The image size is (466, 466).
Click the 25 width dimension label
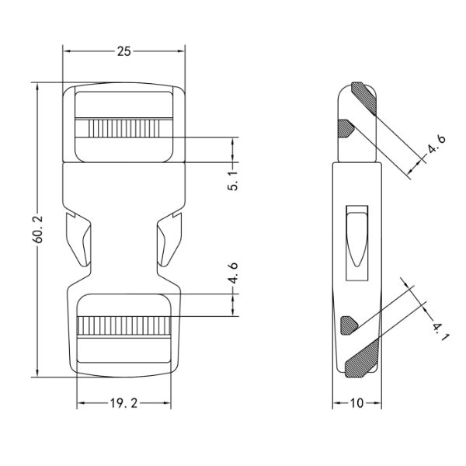[124, 51]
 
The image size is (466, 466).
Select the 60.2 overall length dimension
[39, 229]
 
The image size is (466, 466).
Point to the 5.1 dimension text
[233, 181]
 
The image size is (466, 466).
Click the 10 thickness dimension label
[356, 403]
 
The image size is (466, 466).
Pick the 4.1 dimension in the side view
[440, 332]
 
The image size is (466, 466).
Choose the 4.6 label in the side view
[436, 144]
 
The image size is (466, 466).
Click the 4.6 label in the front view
[233, 273]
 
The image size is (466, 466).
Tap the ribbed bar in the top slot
[124, 128]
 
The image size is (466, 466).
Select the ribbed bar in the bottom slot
[124, 326]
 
